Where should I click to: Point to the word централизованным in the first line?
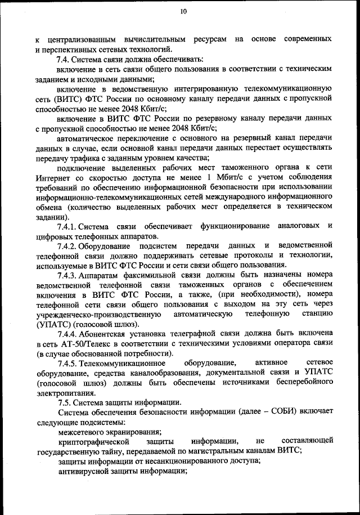click(82, 39)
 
